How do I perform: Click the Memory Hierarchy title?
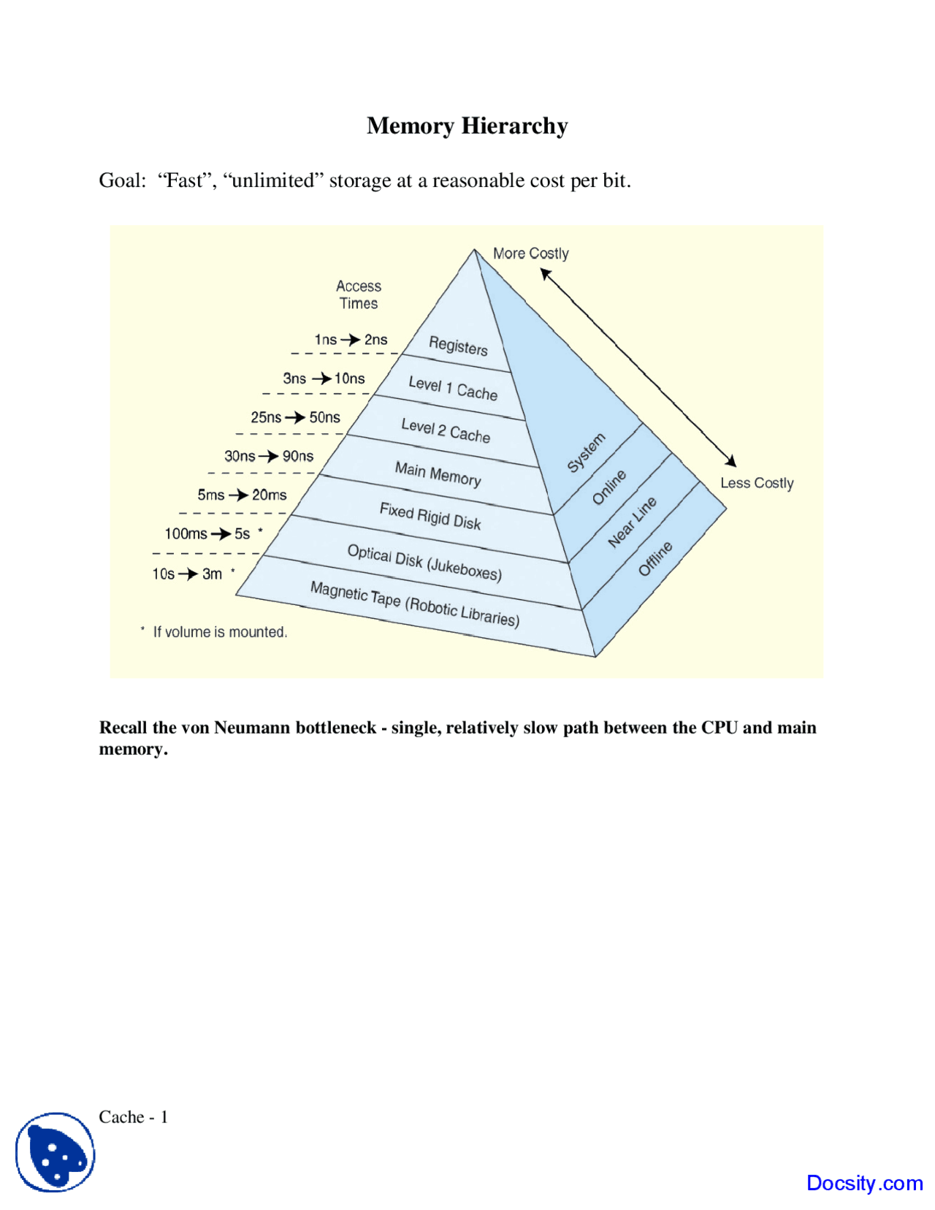(x=467, y=126)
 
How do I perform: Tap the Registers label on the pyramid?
(x=458, y=346)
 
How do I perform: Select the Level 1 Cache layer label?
(x=453, y=388)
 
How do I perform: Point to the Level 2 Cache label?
(x=446, y=430)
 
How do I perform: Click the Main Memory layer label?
(x=438, y=473)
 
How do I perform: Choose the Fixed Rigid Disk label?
(x=430, y=516)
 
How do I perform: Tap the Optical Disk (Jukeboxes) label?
(x=424, y=562)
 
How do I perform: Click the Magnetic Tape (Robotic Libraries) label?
(x=415, y=604)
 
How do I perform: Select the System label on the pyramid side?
(x=587, y=452)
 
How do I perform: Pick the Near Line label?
(x=633, y=522)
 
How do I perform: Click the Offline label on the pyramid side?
(x=655, y=559)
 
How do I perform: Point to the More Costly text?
(x=530, y=254)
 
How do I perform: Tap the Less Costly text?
(x=757, y=483)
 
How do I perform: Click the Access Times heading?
(x=359, y=294)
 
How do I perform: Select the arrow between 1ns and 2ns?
(x=351, y=340)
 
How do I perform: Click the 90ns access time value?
(x=298, y=457)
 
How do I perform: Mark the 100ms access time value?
(x=186, y=534)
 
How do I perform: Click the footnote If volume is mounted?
(x=219, y=632)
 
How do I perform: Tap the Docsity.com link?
(x=864, y=1182)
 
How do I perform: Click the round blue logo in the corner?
(x=56, y=1152)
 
